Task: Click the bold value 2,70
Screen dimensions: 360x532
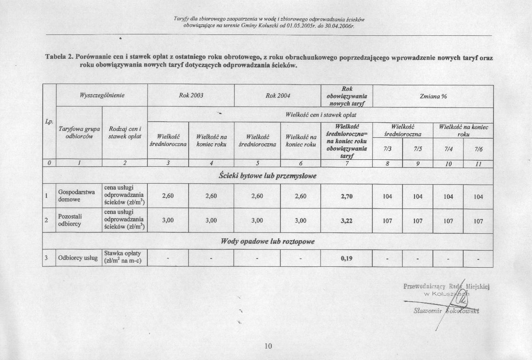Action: coord(347,196)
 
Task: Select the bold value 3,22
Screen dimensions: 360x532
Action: coord(347,220)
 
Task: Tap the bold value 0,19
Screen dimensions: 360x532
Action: coord(347,259)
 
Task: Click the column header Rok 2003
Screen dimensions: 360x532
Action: coord(191,96)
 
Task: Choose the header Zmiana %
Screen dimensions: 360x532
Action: coord(433,96)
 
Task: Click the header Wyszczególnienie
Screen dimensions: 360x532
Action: coord(102,96)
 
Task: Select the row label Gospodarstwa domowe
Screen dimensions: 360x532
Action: coord(76,196)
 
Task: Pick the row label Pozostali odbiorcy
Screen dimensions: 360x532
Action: coord(70,220)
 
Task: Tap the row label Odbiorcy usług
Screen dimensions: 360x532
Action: coord(78,258)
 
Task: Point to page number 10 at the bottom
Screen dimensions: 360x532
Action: coord(269,346)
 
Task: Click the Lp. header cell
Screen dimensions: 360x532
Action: coord(49,122)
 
